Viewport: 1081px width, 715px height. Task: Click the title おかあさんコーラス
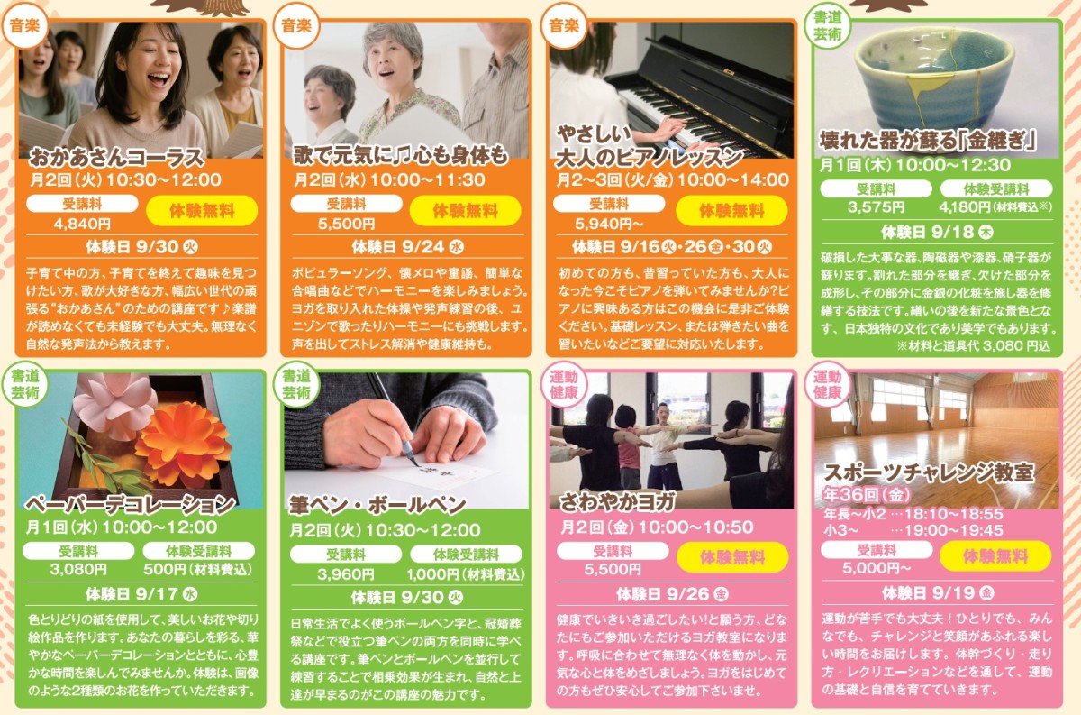[x=117, y=157]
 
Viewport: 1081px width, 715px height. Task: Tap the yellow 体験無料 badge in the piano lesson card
[x=731, y=211]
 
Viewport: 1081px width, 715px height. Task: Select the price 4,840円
[x=82, y=224]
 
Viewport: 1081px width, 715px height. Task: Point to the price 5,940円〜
[x=609, y=224]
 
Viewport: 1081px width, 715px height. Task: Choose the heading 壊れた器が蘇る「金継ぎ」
[x=929, y=140]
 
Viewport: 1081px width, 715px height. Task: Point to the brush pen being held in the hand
[x=394, y=416]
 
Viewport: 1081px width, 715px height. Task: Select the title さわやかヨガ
[x=617, y=502]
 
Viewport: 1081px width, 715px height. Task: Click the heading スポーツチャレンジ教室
[x=929, y=473]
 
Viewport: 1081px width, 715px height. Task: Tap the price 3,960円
[x=346, y=574]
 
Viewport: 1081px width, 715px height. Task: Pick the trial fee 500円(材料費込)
[x=198, y=569]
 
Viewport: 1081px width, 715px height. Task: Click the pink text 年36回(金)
[x=867, y=494]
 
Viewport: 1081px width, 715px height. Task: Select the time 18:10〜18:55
[x=954, y=514]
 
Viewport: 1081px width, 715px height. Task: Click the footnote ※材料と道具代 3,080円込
[x=973, y=346]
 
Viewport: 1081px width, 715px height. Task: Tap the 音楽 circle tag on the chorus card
[x=24, y=25]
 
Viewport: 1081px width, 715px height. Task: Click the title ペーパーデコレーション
[x=131, y=505]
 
